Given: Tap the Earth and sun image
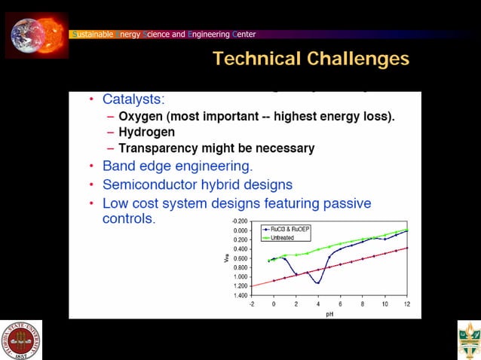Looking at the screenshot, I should coord(36,35).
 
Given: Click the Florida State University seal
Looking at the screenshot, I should coord(21,340).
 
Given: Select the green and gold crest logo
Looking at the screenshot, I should coord(468,340).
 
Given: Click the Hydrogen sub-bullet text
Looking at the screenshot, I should coord(146,133).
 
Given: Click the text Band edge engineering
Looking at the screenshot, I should coord(177,166).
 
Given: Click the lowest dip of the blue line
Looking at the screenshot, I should coord(318,282).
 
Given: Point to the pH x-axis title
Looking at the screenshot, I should coord(329,313).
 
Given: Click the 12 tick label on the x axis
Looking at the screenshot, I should coord(407,304).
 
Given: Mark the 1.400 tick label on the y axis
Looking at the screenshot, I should coord(240,295).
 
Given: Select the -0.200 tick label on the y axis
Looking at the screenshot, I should coord(240,221).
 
